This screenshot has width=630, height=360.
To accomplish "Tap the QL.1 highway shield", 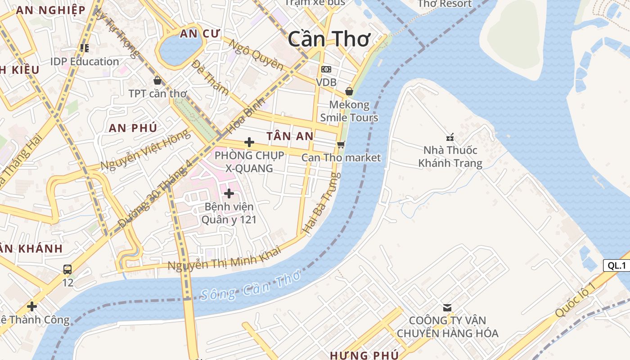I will [616, 265].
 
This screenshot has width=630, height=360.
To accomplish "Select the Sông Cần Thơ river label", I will [250, 288].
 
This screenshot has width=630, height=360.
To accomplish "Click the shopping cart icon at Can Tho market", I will [341, 144].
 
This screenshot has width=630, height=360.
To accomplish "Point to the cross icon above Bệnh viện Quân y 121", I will [229, 193].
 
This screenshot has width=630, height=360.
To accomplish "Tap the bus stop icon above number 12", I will [67, 270].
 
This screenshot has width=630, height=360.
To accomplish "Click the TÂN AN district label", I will [290, 136].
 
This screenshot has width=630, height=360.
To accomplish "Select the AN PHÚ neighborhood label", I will [133, 128].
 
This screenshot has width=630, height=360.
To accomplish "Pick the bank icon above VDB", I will [326, 69].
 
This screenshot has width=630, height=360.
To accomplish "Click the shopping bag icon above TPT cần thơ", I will [157, 81].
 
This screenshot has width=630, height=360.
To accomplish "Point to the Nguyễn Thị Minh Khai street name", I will [224, 258].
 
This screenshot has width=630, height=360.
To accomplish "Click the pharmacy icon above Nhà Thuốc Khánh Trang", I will [450, 137].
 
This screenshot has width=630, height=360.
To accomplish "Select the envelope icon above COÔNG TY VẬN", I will [447, 308].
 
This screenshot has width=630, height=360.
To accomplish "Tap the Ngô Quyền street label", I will [256, 55].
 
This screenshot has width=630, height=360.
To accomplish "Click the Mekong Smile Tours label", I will [349, 111].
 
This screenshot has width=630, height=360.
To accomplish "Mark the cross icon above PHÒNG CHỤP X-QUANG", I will [249, 142].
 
